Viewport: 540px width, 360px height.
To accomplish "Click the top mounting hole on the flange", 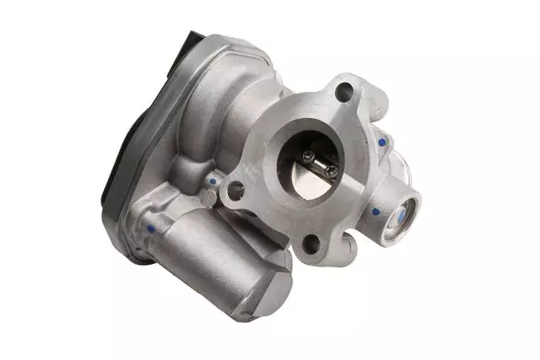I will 343,92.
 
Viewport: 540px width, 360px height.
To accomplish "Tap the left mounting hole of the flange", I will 235,191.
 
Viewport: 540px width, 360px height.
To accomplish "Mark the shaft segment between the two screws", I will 319,164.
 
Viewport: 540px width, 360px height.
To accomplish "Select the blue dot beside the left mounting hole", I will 213,180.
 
